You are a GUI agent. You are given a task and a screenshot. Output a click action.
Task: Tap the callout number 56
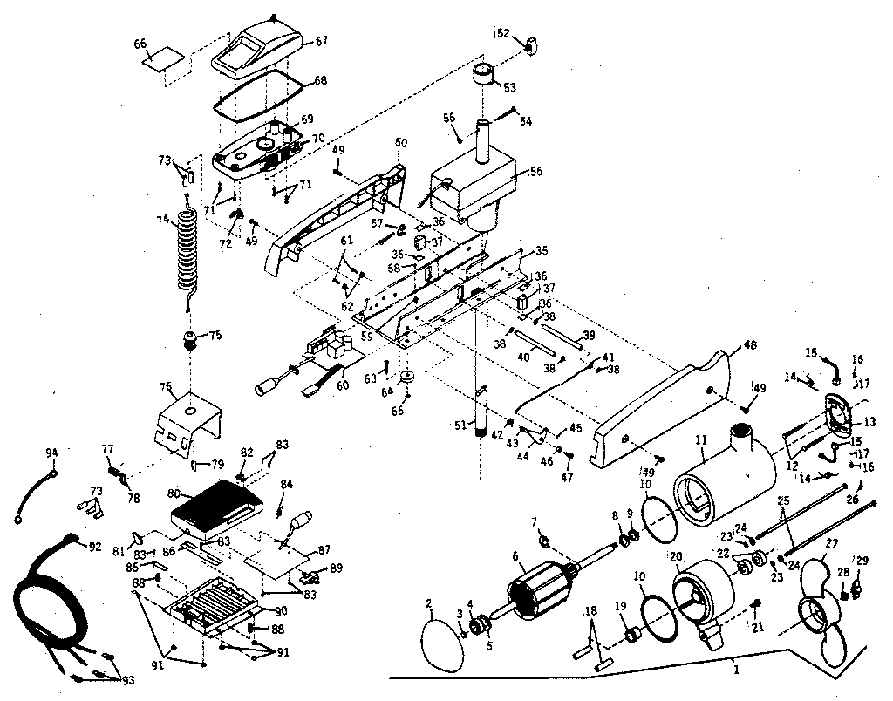(535, 172)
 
